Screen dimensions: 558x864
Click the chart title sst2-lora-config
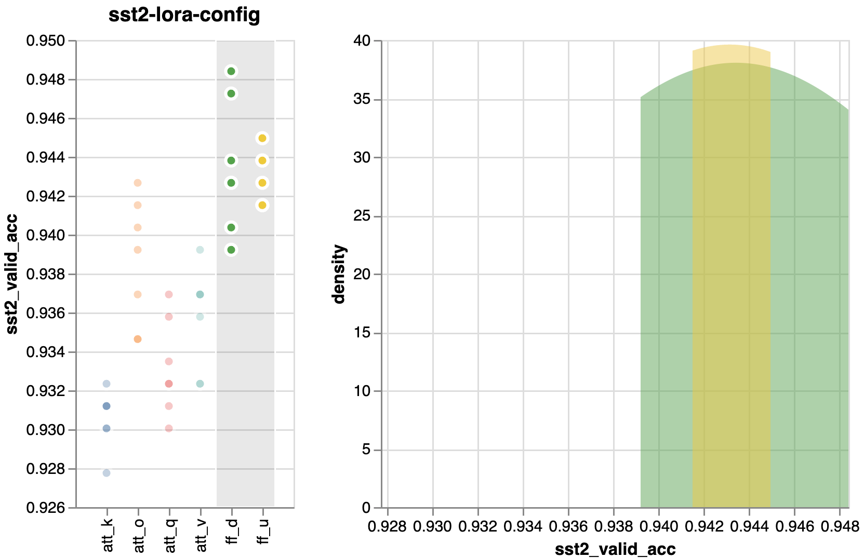tap(184, 16)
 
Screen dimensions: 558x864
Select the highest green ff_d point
tap(231, 71)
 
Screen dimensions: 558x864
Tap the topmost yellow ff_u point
tap(262, 138)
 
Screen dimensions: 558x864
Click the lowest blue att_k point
tap(107, 473)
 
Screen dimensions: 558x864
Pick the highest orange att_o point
tap(138, 183)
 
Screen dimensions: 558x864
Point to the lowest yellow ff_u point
tap(262, 205)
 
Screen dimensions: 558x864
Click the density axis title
tap(340, 274)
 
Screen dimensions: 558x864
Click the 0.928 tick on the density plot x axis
tap(388, 527)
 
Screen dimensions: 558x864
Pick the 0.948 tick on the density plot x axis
tap(840, 527)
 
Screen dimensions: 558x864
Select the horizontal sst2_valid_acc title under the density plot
tap(615, 549)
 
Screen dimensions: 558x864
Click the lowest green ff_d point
tap(231, 250)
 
